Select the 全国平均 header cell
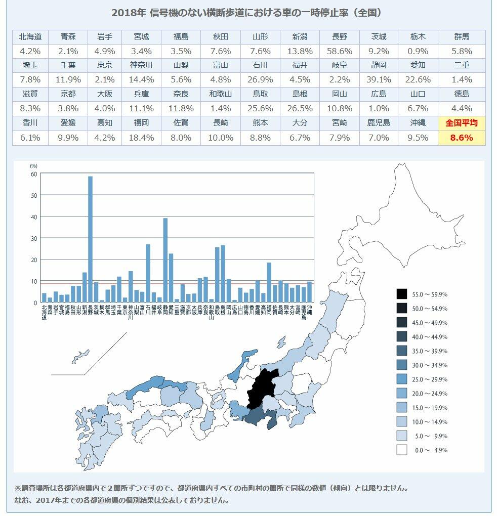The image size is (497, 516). (x=461, y=123)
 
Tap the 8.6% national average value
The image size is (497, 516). (x=461, y=138)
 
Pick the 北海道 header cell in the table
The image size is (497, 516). (x=30, y=37)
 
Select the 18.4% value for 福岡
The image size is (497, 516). (x=144, y=138)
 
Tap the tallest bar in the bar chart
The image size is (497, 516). (x=90, y=238)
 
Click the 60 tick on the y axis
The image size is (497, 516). (x=34, y=174)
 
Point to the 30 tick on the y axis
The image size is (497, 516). (x=34, y=238)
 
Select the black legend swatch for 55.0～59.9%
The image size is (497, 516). (x=402, y=294)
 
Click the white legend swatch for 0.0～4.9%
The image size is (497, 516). (x=402, y=450)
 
